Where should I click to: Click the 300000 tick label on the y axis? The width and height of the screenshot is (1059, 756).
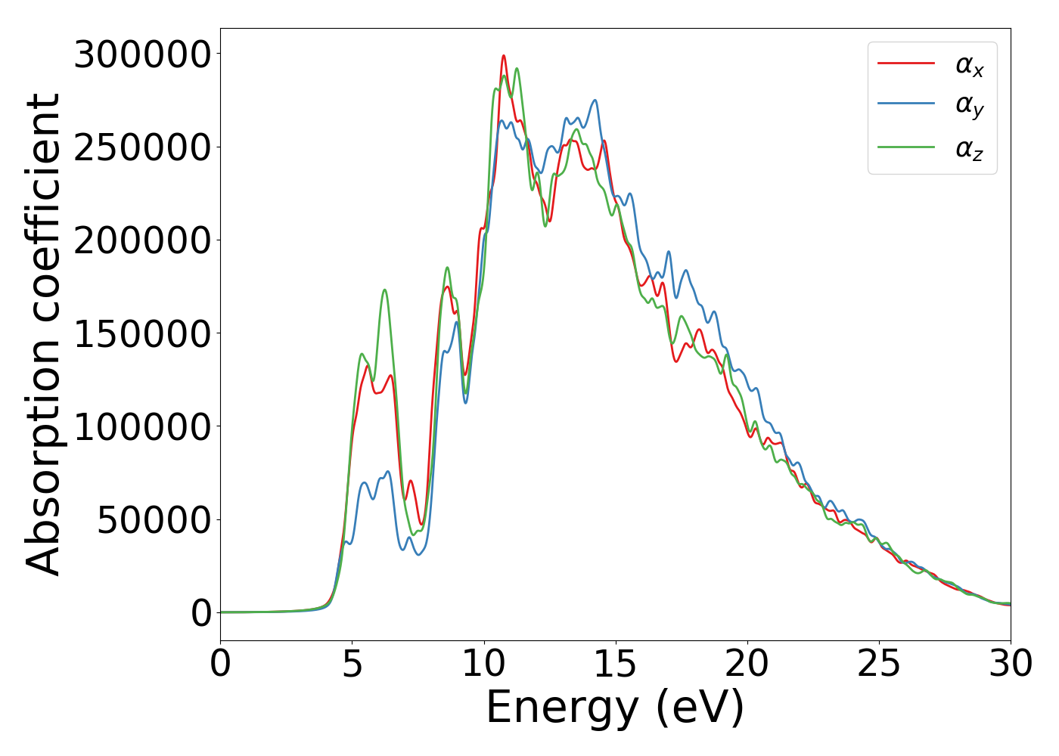tap(141, 54)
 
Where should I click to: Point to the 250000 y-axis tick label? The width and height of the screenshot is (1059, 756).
tap(141, 147)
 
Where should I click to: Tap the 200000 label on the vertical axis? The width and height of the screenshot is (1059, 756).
tap(141, 240)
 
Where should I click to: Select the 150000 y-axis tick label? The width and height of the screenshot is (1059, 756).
tap(141, 333)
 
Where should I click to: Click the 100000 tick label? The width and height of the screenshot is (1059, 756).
tap(141, 427)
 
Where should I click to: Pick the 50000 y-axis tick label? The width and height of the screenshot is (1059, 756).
tap(154, 520)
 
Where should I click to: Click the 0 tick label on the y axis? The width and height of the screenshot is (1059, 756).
tap(201, 613)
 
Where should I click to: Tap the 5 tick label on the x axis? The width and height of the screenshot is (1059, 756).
tap(352, 665)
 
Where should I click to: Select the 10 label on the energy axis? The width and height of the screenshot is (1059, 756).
tap(484, 665)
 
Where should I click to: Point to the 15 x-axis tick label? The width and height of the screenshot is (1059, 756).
tap(616, 665)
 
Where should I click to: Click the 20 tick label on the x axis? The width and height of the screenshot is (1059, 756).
tap(747, 665)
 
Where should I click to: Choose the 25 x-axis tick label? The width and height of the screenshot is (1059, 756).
tap(879, 665)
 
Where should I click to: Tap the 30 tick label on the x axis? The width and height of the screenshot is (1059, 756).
tap(1011, 665)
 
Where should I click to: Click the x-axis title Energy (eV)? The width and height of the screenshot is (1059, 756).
tap(615, 708)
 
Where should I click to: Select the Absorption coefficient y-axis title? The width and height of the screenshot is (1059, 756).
tap(43, 335)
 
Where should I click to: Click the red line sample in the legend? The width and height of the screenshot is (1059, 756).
tap(906, 64)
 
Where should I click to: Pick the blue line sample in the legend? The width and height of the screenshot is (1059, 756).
tap(906, 105)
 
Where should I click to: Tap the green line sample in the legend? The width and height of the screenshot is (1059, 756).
tap(906, 147)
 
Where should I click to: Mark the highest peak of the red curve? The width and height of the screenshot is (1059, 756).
tap(504, 55)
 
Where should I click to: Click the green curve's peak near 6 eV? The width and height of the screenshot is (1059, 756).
tap(385, 290)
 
